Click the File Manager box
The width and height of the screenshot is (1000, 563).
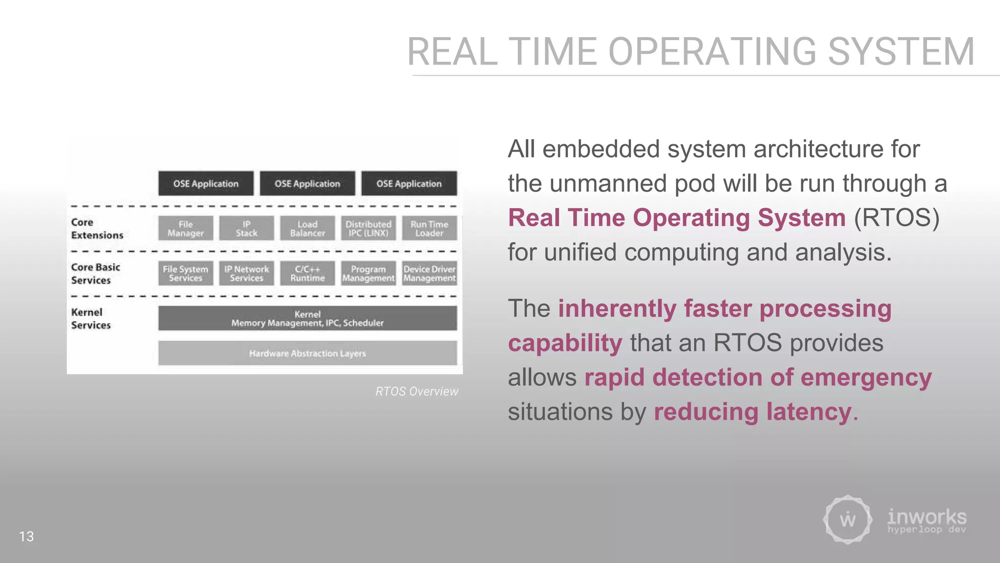coord(186,228)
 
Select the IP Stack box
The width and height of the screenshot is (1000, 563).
coord(247,228)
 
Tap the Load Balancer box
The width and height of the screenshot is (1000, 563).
coord(308,228)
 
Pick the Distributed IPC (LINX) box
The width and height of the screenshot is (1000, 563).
coord(369,228)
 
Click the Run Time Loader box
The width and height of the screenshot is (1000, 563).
coord(430,228)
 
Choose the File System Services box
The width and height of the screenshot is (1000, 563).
coord(186,273)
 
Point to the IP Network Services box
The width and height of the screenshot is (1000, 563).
coord(247,273)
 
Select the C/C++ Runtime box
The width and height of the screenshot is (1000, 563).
coord(308,273)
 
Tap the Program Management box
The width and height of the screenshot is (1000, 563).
coord(369,273)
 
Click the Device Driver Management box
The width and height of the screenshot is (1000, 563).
coord(430,273)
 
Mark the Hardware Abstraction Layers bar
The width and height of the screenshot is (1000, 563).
coord(308,353)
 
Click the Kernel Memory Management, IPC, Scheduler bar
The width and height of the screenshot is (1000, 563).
coord(308,318)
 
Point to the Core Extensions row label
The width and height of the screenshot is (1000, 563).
coord(97,229)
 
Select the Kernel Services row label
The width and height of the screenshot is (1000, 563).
coord(91,319)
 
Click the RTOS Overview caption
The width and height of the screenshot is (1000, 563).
coord(417,391)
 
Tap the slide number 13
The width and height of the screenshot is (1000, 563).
coord(26,537)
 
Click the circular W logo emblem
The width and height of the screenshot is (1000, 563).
coord(848,520)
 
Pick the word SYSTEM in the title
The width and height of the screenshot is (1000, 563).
coord(901,52)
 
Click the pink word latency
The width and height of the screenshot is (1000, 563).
coord(809,411)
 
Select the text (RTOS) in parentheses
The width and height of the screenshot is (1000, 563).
coord(896,218)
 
